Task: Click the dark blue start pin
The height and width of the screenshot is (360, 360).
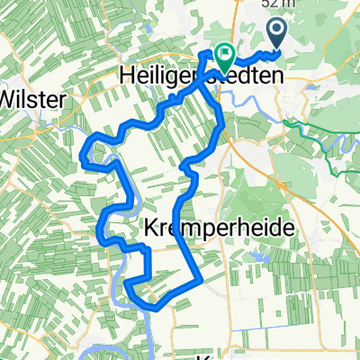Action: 275,35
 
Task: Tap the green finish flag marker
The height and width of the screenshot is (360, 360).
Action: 220,56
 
